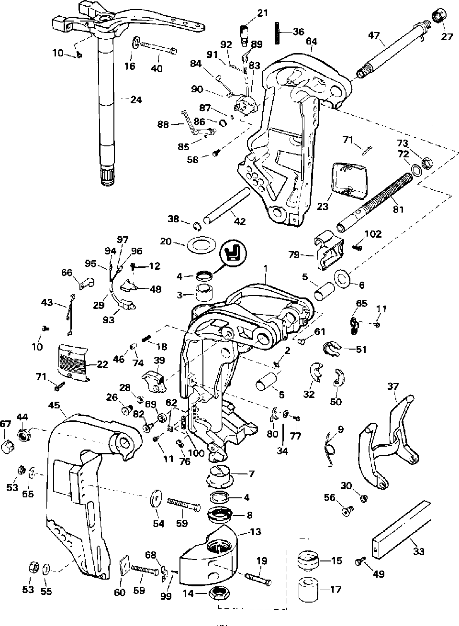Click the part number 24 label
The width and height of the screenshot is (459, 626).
point(136,99)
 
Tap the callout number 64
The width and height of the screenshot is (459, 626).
point(311,41)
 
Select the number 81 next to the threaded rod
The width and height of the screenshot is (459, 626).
point(398,209)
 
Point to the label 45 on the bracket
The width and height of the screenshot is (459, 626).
point(54,405)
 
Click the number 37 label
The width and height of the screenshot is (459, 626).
point(393,386)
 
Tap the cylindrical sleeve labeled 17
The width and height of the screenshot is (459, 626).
point(309,589)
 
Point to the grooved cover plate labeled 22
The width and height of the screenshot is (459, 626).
point(74,363)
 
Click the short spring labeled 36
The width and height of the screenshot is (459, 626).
point(278,33)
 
